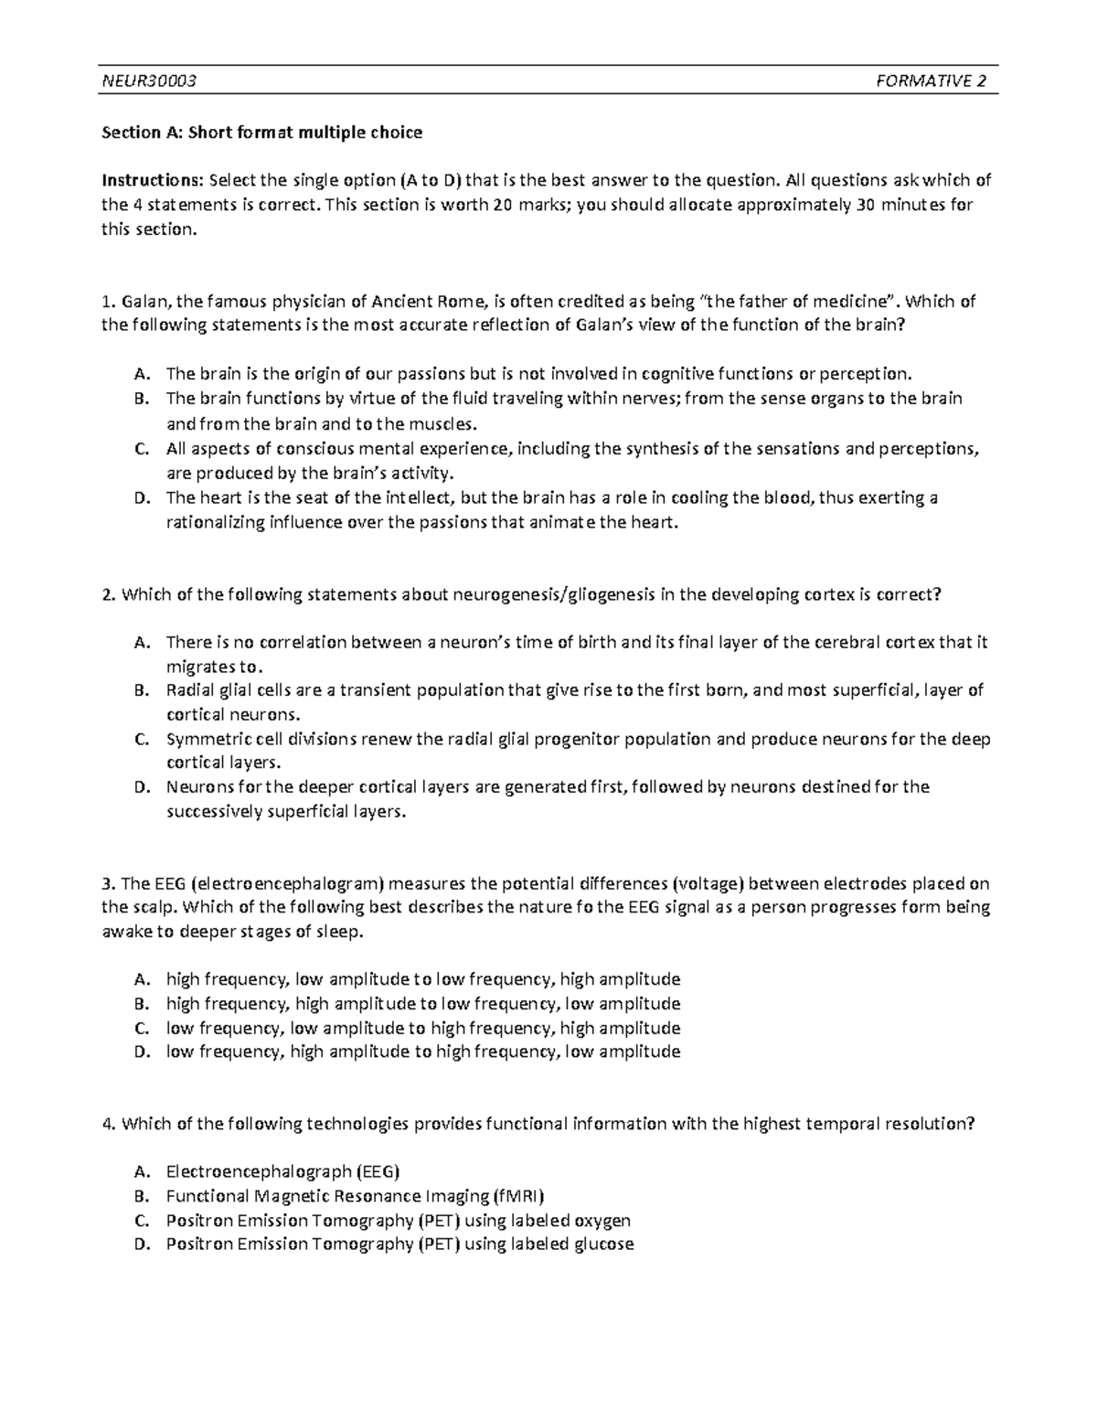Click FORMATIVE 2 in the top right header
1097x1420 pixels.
pyautogui.click(x=931, y=82)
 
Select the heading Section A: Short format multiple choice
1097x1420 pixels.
pyautogui.click(x=261, y=133)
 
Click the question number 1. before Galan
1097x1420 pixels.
pyautogui.click(x=108, y=302)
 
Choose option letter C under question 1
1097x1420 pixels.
pyautogui.click(x=140, y=449)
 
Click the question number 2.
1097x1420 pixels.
pyautogui.click(x=108, y=594)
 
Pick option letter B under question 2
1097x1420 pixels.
pyautogui.click(x=140, y=690)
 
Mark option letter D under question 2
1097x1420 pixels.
pyautogui.click(x=140, y=787)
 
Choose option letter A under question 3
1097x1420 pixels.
pyautogui.click(x=140, y=979)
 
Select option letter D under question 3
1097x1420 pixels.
pyautogui.click(x=140, y=1052)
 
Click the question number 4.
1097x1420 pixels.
pyautogui.click(x=108, y=1124)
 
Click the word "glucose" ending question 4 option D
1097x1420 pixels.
pyautogui.click(x=602, y=1244)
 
